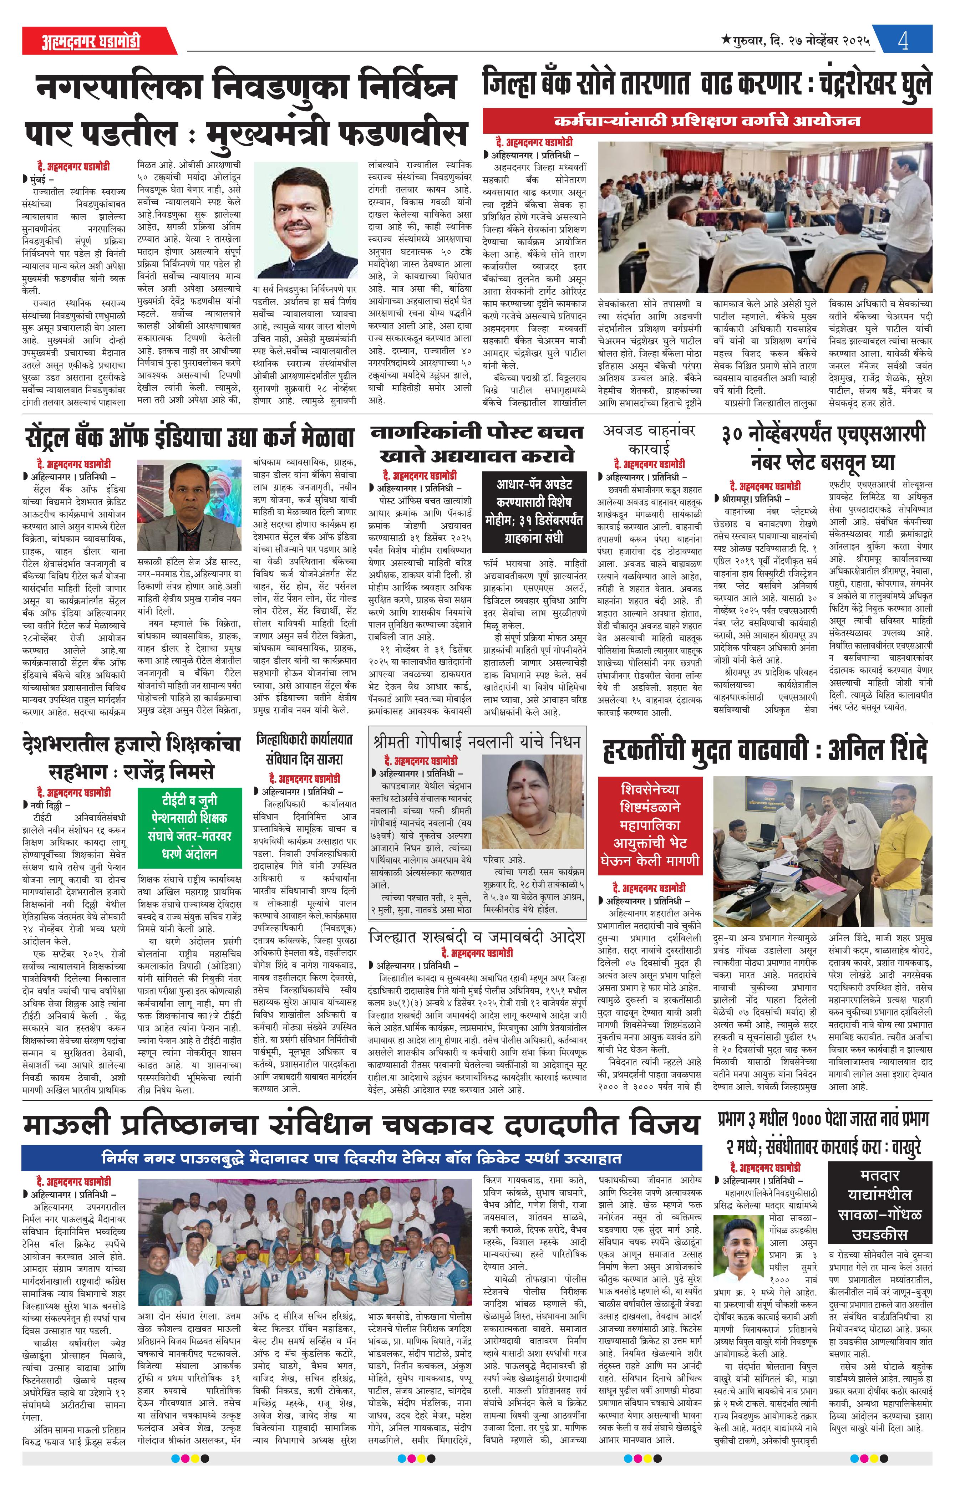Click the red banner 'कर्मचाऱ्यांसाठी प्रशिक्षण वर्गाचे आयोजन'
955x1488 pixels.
(707, 120)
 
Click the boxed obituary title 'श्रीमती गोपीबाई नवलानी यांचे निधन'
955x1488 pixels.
(477, 742)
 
